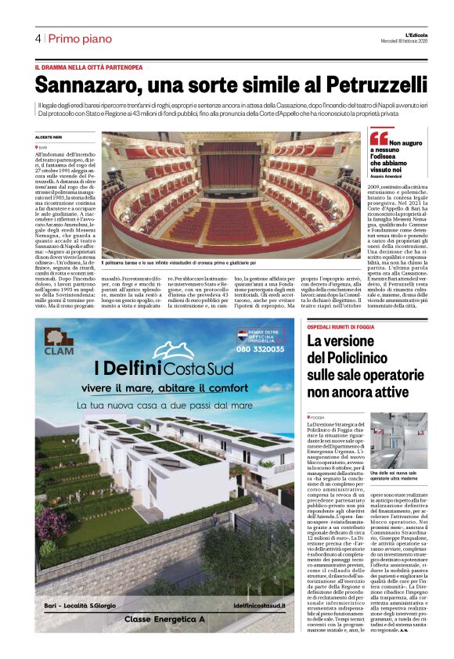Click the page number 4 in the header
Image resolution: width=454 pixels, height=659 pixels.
click(x=38, y=38)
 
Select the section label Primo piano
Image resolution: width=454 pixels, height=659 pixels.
click(x=78, y=38)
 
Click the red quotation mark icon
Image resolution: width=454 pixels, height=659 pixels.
click(x=378, y=139)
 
